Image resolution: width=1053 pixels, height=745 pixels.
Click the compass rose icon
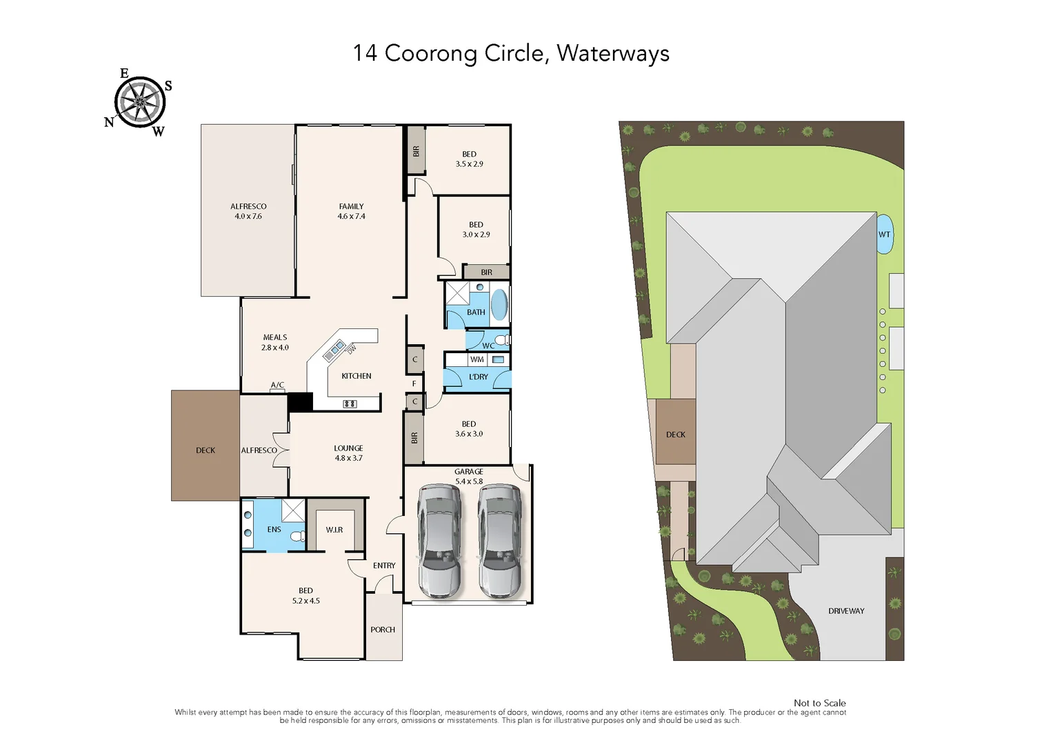point(140,102)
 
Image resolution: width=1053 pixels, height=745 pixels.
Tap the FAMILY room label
point(351,207)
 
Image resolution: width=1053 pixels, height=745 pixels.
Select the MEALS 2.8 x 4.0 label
point(274,343)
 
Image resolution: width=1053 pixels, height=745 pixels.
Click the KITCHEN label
point(357,376)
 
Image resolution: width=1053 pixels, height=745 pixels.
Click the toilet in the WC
point(502,340)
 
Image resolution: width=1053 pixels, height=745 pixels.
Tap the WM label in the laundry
point(477,359)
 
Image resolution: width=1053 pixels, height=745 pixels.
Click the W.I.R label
point(334,530)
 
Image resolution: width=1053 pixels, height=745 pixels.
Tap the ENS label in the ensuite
point(274,530)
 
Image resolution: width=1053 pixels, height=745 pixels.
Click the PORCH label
point(383,630)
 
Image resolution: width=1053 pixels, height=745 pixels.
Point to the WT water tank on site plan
point(884,235)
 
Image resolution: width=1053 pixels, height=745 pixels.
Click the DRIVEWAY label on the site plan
point(846,611)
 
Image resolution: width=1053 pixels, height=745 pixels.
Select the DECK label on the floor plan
point(205,450)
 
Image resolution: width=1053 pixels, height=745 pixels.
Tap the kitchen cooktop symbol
point(350,404)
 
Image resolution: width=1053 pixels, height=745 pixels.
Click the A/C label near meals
point(277,385)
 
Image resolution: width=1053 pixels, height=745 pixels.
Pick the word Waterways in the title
point(613,54)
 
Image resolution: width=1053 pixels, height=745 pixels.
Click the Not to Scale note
point(819,703)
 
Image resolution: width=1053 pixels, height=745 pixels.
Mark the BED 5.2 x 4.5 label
point(305,596)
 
